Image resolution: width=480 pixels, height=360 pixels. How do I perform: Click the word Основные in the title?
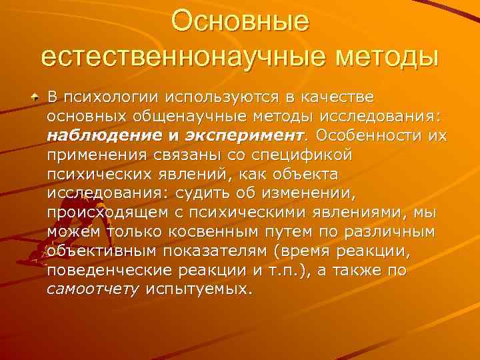240,21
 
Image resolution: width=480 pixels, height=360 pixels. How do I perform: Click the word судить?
197,194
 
